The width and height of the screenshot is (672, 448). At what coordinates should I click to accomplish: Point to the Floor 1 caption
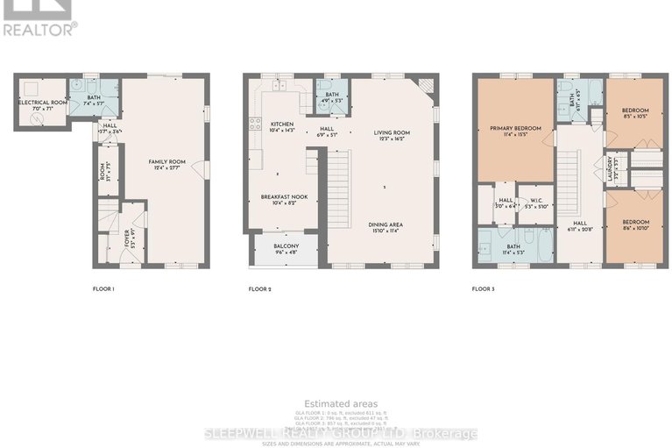tap(103, 288)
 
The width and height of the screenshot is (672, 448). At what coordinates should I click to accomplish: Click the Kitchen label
tap(283, 124)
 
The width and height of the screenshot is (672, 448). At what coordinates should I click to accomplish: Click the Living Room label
tap(392, 133)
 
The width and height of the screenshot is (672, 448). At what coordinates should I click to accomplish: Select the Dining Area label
tap(386, 225)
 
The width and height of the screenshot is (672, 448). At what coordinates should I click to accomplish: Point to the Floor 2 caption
tap(260, 288)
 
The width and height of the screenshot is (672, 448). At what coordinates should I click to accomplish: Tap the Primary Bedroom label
tap(515, 129)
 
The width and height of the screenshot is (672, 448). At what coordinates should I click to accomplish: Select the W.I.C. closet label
tap(537, 201)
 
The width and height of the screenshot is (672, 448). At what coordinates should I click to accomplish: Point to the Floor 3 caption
tap(484, 288)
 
